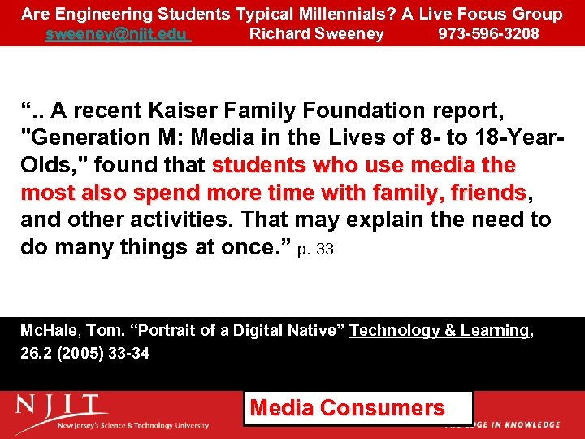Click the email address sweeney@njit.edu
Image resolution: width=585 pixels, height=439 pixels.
(118, 34)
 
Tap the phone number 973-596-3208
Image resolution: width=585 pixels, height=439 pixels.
(488, 34)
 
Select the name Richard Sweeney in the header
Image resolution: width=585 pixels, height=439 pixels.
(316, 34)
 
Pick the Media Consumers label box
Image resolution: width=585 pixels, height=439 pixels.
(358, 408)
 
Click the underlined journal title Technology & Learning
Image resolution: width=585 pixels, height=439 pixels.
(439, 331)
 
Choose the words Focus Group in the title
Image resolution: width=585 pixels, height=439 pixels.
(512, 14)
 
